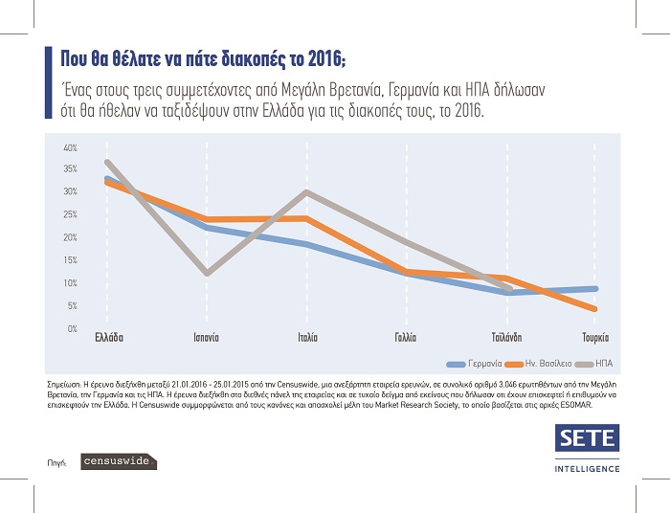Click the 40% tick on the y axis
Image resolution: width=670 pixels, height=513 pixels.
pos(70,148)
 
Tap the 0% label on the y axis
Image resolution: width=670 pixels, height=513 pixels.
pos(72,328)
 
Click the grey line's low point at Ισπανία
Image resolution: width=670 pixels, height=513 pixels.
pos(209,274)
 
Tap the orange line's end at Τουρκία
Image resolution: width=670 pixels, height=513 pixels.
pos(595,309)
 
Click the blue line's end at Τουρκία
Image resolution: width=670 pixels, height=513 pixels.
pos(595,288)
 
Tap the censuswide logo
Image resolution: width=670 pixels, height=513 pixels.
pos(117,461)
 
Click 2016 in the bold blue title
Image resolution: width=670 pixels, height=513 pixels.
pos(301,55)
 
